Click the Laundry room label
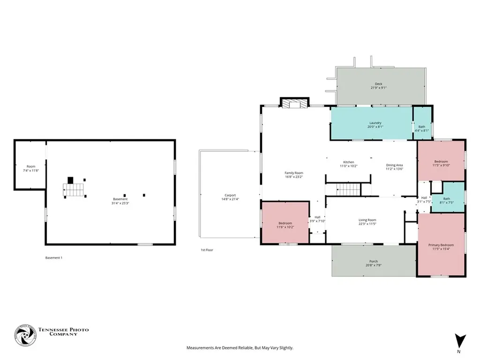pyautogui.click(x=375, y=123)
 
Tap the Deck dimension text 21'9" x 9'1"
pyautogui.click(x=379, y=88)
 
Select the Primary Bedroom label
pyautogui.click(x=441, y=245)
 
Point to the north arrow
pyautogui.click(x=460, y=341)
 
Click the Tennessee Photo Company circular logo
pyautogui.click(x=25, y=335)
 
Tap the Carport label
pyautogui.click(x=230, y=195)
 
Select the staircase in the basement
pyautogui.click(x=74, y=189)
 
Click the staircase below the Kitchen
pyautogui.click(x=349, y=189)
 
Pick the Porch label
pyautogui.click(x=374, y=262)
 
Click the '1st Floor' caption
pyautogui.click(x=207, y=250)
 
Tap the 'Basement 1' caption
pyautogui.click(x=54, y=258)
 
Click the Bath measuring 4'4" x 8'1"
pyautogui.click(x=422, y=123)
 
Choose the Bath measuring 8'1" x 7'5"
pyautogui.click(x=448, y=197)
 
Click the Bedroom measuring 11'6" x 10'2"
pyautogui.click(x=285, y=222)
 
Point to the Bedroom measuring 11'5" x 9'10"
pyautogui.click(x=441, y=161)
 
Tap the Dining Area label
pyautogui.click(x=394, y=165)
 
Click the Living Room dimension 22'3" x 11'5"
pyautogui.click(x=367, y=224)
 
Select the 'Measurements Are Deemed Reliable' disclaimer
pyautogui.click(x=240, y=348)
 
